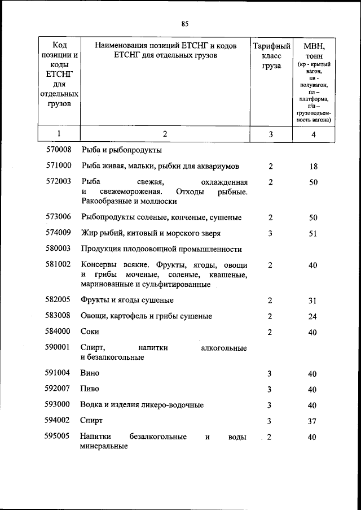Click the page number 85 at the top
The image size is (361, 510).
[184, 23]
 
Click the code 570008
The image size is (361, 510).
[59, 150]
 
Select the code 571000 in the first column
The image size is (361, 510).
[59, 166]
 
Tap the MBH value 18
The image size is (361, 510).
[313, 167]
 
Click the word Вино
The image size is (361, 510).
[90, 373]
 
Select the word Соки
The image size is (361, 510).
[90, 332]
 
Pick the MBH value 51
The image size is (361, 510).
[313, 233]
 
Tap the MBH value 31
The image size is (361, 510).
[313, 300]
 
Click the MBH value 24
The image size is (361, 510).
[313, 316]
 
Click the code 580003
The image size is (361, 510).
[59, 249]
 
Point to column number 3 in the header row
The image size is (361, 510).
[271, 134]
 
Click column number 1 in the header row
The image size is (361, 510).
[59, 134]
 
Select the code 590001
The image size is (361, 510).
[59, 347]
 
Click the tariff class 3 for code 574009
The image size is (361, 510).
[271, 233]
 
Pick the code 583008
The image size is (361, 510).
[59, 316]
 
